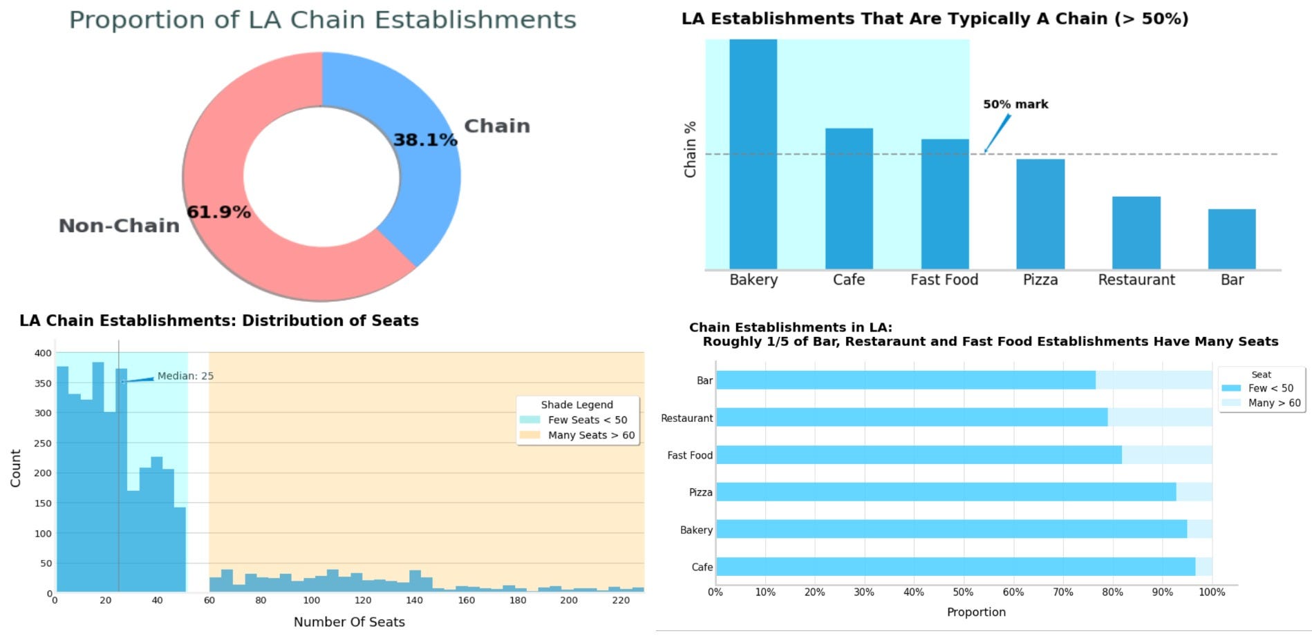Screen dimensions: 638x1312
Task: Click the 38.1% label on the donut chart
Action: click(425, 140)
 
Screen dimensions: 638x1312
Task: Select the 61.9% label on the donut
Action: click(218, 212)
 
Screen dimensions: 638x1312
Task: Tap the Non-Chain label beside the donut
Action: click(119, 226)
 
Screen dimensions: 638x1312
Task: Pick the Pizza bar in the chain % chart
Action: click(1040, 213)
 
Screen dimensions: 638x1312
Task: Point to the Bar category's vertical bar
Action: click(1232, 239)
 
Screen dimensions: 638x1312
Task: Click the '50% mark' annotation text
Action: click(1015, 104)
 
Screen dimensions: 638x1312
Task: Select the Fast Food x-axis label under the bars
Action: click(944, 280)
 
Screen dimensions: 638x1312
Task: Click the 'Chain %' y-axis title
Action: click(690, 149)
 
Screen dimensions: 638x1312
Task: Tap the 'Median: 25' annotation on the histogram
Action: click(185, 376)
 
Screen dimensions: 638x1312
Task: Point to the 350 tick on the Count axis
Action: click(44, 383)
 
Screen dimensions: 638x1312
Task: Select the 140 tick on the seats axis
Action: click(414, 600)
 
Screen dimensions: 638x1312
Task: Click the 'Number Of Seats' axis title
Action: click(349, 622)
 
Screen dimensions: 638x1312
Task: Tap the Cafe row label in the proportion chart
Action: click(702, 567)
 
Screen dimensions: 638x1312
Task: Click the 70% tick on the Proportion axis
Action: click(1062, 592)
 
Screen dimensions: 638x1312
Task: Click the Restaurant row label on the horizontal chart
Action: click(686, 418)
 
